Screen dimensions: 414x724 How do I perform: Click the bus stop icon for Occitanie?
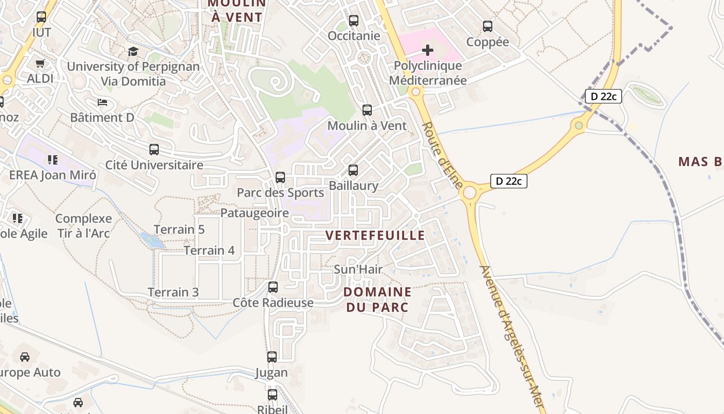coord(354,21)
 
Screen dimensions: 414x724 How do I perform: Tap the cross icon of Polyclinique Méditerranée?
coord(428,50)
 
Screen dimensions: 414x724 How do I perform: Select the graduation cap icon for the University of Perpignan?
coord(133,51)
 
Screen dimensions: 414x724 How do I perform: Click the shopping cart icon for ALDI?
coord(40,63)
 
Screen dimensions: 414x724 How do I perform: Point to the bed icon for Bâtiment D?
coord(102,102)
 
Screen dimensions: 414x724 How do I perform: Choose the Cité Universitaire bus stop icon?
coord(154,150)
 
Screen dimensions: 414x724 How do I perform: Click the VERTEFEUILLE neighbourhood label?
coord(375,235)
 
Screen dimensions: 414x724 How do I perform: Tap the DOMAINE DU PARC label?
coord(377,300)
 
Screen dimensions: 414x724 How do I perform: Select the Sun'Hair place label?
coord(358,269)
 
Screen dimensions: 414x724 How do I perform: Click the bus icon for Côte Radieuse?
coord(273,287)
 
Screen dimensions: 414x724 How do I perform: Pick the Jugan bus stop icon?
coord(272,357)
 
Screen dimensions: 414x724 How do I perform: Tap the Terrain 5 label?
coord(179,229)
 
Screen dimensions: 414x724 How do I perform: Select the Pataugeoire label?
coord(254,213)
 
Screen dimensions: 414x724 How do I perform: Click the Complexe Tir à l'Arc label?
coord(83,226)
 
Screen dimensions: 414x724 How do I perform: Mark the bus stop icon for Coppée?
coord(488,26)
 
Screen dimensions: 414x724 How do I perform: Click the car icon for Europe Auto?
coord(24,357)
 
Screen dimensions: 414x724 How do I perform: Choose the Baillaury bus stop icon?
coord(353,170)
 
